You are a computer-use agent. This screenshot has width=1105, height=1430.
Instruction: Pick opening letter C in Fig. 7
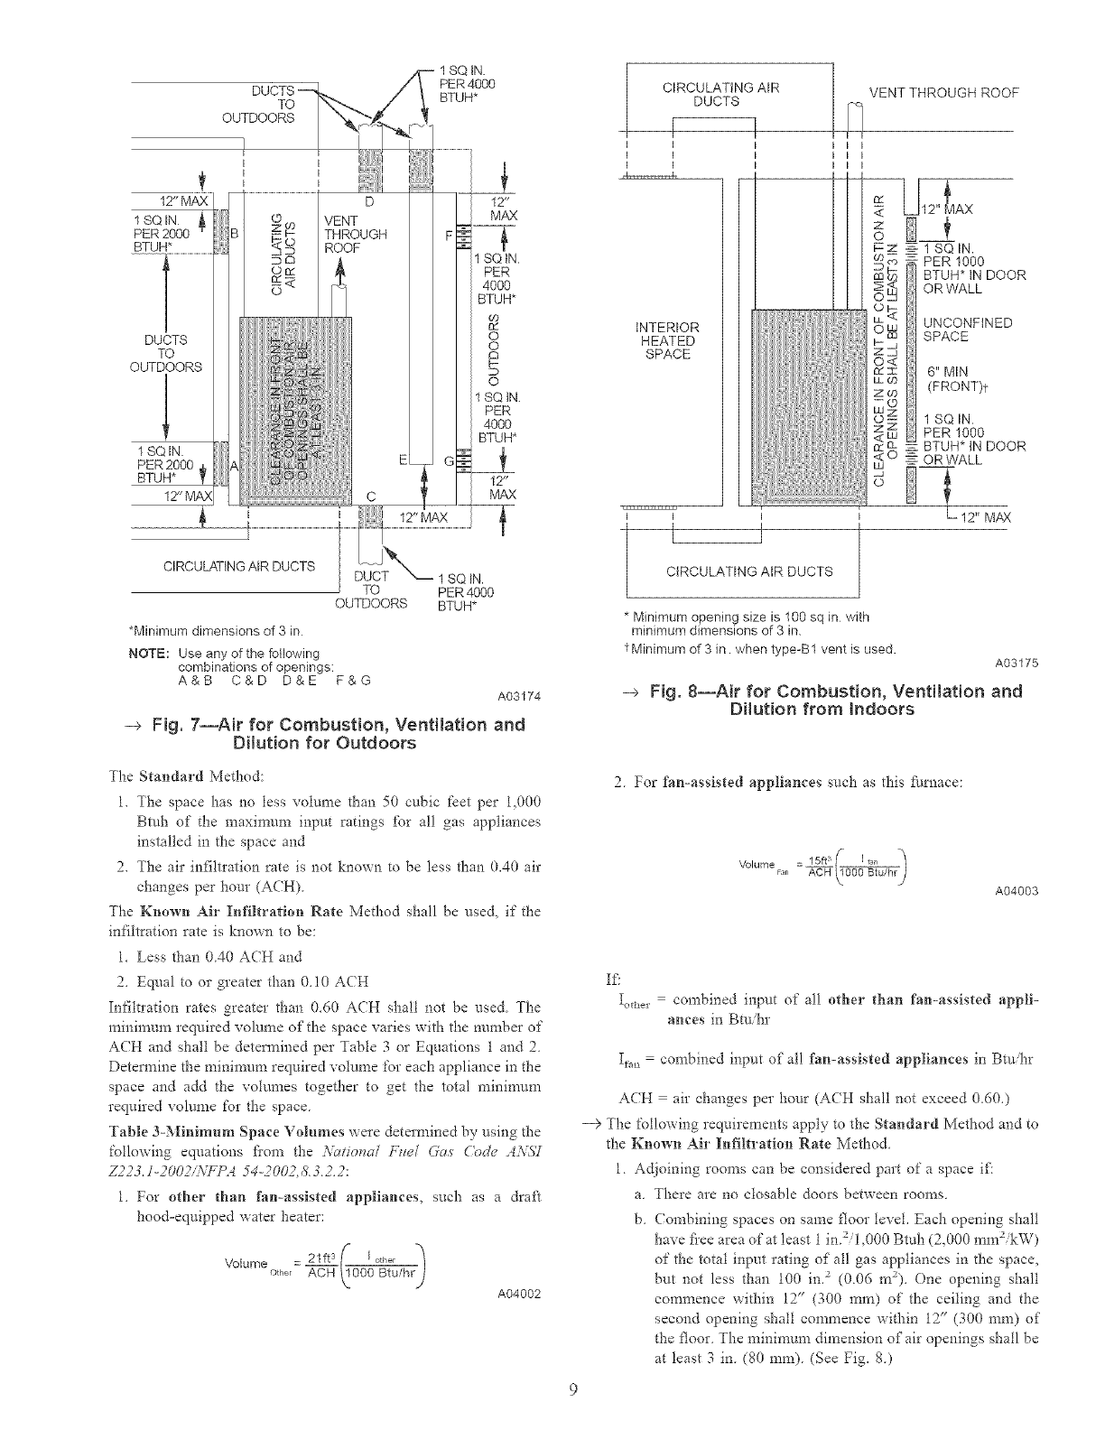click(x=371, y=494)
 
